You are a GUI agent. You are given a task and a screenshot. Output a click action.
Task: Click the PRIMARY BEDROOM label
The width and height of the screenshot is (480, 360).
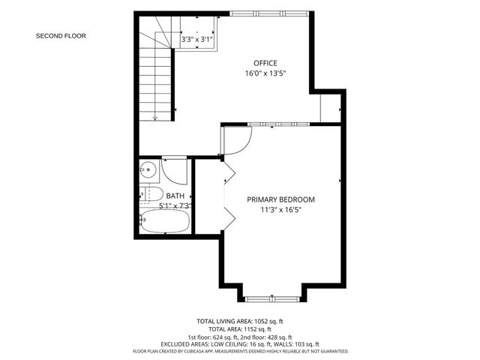point(281,199)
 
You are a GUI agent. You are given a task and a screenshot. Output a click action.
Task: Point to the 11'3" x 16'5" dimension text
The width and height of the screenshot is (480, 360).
point(280,210)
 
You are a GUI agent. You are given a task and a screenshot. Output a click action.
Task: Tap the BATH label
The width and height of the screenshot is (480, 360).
point(175,196)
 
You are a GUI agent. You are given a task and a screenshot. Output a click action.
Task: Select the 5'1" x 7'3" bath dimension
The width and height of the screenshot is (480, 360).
point(175,205)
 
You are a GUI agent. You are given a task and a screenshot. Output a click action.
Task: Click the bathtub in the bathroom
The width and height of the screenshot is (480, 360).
point(164,222)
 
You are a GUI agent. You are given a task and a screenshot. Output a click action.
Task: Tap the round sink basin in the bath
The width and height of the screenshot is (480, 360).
point(148,169)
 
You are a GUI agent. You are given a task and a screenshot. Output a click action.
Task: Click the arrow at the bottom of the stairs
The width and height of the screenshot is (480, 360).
point(154,116)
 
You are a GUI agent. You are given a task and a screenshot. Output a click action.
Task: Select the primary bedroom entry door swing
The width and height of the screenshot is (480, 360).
point(236,140)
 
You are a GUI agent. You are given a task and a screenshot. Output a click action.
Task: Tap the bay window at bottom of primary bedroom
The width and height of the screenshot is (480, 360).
point(273,298)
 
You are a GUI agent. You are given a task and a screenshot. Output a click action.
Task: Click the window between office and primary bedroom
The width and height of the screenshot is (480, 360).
point(278,123)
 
